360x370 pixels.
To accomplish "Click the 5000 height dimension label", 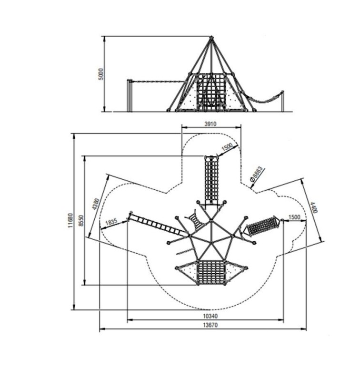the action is pyautogui.click(x=101, y=74).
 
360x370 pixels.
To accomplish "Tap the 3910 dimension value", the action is pyautogui.click(x=210, y=124).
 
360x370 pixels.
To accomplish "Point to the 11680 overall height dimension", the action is pyautogui.click(x=70, y=220).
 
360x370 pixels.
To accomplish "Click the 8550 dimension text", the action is pyautogui.click(x=81, y=220).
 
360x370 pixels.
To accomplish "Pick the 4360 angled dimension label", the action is pyautogui.click(x=96, y=204).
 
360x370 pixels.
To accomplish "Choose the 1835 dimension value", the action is pyautogui.click(x=111, y=222).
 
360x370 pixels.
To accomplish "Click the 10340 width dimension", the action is pyautogui.click(x=210, y=316).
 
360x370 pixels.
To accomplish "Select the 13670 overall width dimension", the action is pyautogui.click(x=210, y=325).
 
